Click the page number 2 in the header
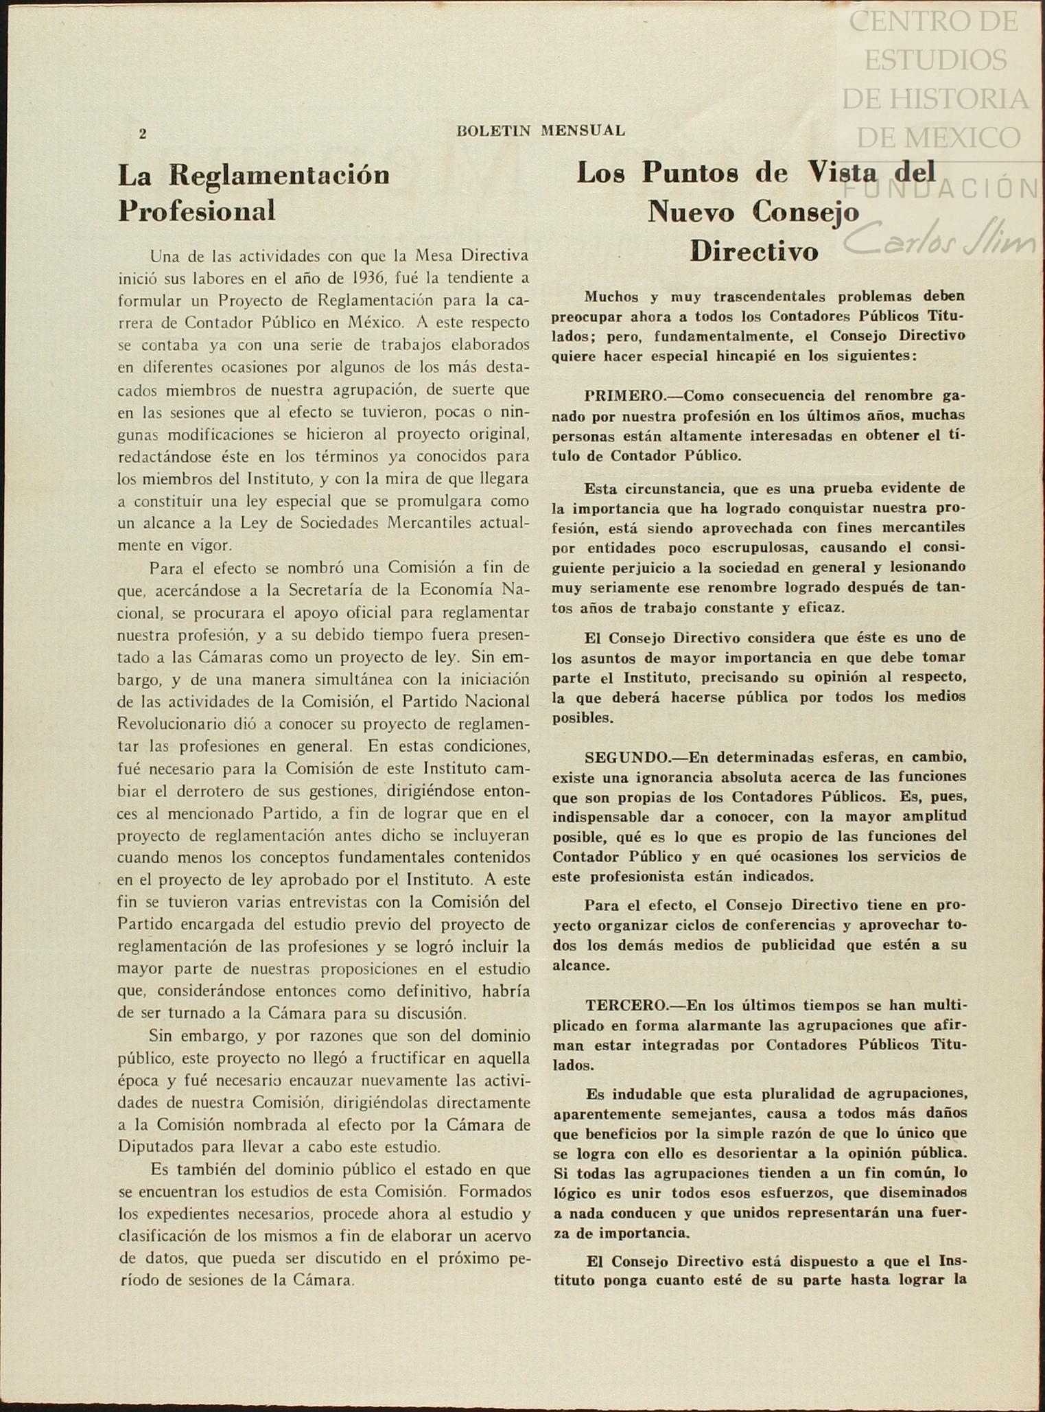[x=143, y=134]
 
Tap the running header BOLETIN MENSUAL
[x=541, y=130]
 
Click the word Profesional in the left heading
[x=197, y=211]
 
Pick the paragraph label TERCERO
[x=626, y=1006]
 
